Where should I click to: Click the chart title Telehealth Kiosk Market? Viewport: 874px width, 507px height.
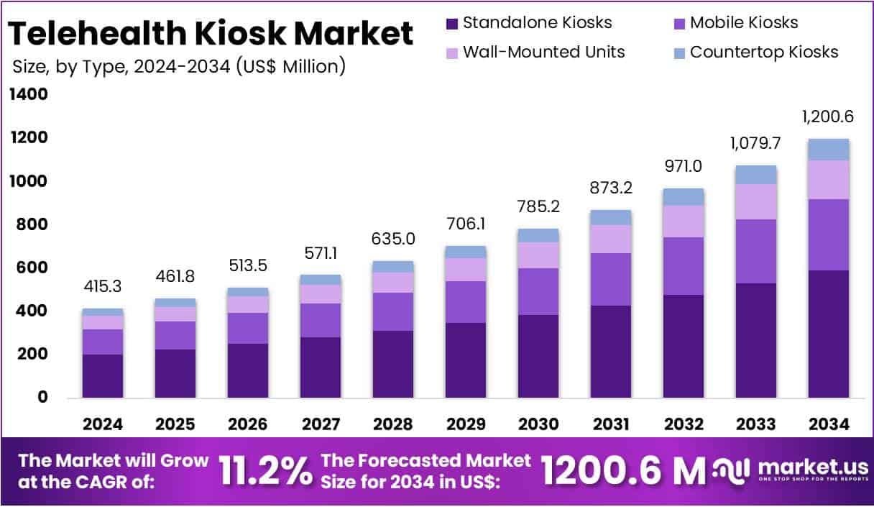[x=211, y=34]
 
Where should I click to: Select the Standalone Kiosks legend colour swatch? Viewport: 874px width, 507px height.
[x=451, y=23]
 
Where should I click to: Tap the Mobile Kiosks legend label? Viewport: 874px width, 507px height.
[x=743, y=23]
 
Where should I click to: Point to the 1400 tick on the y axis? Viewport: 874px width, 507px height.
[x=29, y=95]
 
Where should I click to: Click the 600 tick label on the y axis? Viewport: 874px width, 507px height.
[x=29, y=268]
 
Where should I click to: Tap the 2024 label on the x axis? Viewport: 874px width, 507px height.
[x=103, y=424]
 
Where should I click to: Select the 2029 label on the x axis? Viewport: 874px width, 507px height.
[x=466, y=424]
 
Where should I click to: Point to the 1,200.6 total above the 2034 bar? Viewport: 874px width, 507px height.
[x=828, y=117]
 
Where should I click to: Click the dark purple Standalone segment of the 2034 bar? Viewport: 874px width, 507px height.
[x=828, y=334]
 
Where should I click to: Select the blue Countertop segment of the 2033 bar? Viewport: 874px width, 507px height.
[x=755, y=175]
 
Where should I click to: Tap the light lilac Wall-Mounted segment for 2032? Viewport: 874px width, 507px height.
[x=683, y=221]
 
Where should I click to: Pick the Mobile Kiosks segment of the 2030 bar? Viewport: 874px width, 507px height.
[x=538, y=291]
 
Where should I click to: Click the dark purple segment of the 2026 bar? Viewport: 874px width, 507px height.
[x=248, y=370]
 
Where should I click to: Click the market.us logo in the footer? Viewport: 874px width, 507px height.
[x=787, y=471]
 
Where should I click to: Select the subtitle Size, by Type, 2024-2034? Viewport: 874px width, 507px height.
[x=179, y=66]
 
